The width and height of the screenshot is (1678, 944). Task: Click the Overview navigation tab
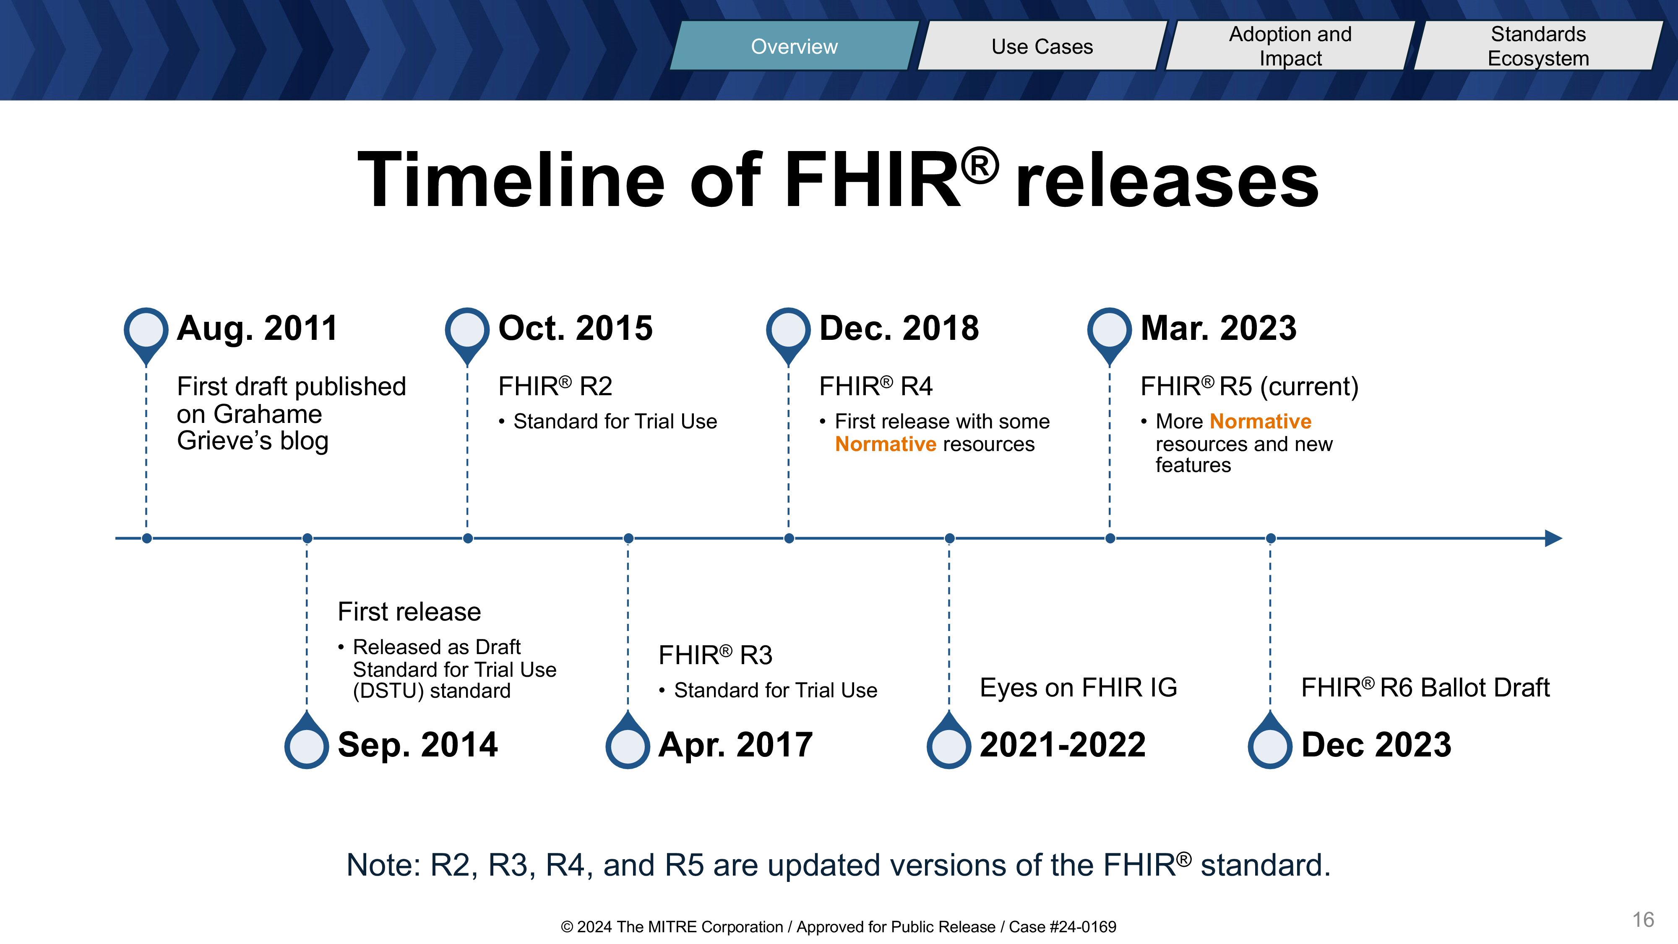tap(794, 46)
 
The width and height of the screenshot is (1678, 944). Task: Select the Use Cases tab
tap(1042, 46)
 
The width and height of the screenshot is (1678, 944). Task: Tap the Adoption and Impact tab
tap(1290, 46)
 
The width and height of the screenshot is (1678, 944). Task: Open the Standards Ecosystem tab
tap(1539, 46)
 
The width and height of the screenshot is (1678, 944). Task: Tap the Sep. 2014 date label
tap(417, 745)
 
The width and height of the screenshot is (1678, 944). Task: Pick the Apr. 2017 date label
tap(735, 745)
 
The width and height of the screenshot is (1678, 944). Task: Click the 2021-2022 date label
tap(1063, 745)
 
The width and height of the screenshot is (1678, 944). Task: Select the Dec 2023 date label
tap(1376, 745)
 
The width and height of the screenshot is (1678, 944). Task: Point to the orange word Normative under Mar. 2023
tap(1261, 422)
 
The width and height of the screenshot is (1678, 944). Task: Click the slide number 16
tap(1643, 920)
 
